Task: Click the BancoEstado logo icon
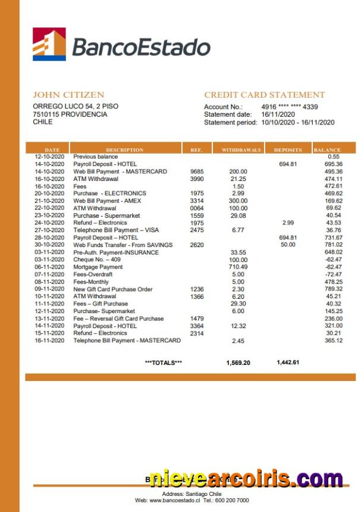[x=49, y=45]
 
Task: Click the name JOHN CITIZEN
[x=68, y=95]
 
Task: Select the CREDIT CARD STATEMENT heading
[x=265, y=95]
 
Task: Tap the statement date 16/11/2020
[x=278, y=114]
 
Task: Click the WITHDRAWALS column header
[x=241, y=150]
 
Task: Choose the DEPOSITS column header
[x=288, y=150]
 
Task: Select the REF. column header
[x=196, y=150]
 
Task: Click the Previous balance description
[x=95, y=157]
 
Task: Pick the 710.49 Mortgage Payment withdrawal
[x=238, y=267]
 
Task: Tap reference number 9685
[x=197, y=171]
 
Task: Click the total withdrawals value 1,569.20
[x=238, y=363]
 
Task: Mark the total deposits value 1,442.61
[x=288, y=363]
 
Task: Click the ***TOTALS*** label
[x=164, y=363]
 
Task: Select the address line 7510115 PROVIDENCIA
[x=70, y=114]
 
